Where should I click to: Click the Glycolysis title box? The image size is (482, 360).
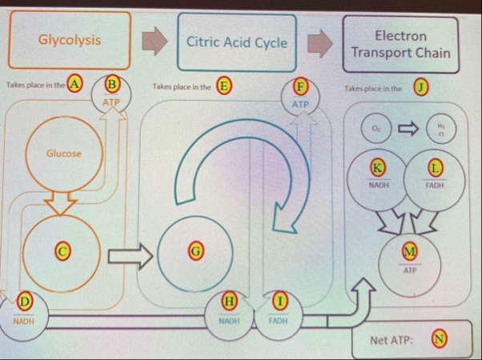point(70,39)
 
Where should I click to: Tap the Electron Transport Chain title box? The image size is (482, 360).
point(400,45)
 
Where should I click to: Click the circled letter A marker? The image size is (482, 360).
point(76,83)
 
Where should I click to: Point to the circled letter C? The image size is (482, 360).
point(61,250)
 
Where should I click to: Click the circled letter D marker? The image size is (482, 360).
point(25,302)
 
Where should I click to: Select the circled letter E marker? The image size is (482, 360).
point(226,84)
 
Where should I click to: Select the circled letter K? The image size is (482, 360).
point(376,167)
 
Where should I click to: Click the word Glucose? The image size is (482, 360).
point(63,152)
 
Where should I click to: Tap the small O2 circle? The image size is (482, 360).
point(376,127)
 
